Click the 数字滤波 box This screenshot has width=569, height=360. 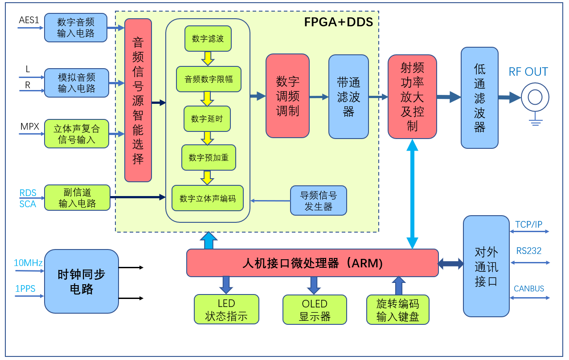click(208, 39)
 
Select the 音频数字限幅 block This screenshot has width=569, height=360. click(209, 80)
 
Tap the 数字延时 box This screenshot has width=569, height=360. click(207, 119)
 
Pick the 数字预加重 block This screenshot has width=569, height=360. click(209, 157)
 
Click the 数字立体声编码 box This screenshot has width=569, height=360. click(208, 198)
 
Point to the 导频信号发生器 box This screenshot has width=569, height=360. click(318, 201)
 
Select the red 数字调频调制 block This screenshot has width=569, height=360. click(287, 96)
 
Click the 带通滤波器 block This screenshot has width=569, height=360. click(348, 97)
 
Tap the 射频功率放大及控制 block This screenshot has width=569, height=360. click(412, 97)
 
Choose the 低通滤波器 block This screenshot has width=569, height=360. click(479, 98)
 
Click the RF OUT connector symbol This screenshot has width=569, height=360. click(535, 97)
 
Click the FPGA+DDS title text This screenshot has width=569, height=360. click(339, 22)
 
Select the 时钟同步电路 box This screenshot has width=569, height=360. click(82, 281)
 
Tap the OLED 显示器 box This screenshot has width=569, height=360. click(315, 310)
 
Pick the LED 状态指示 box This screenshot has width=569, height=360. click(226, 310)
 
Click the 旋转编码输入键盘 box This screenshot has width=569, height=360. click(398, 310)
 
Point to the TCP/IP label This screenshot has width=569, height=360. click(529, 225)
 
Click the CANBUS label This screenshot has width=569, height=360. click(529, 289)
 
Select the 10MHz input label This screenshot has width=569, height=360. click(28, 263)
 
